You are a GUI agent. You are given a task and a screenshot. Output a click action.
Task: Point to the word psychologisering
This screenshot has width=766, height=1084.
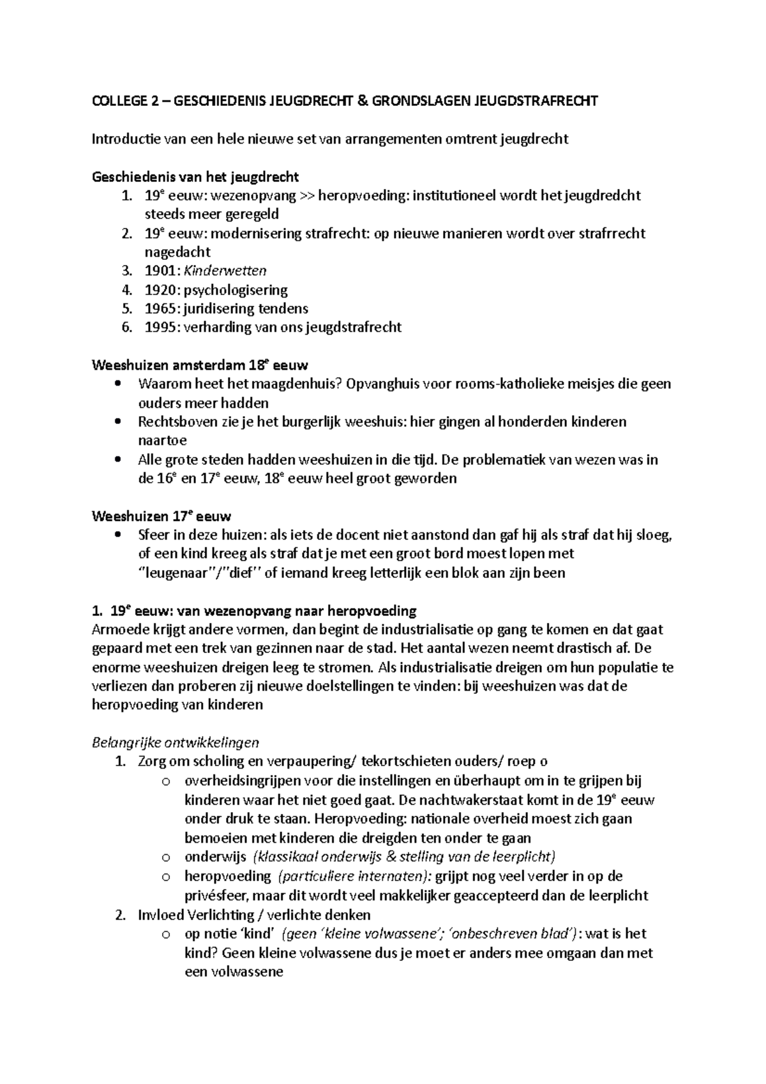(236, 290)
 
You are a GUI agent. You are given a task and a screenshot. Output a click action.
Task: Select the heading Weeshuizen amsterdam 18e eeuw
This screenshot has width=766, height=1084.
(200, 366)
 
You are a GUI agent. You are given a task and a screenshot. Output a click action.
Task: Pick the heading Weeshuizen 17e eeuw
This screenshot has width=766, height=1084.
(161, 516)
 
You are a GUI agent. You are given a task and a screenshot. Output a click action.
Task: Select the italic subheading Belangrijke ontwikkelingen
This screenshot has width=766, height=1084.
(176, 742)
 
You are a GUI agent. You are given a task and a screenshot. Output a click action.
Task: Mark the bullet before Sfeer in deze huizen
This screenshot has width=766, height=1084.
(116, 535)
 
